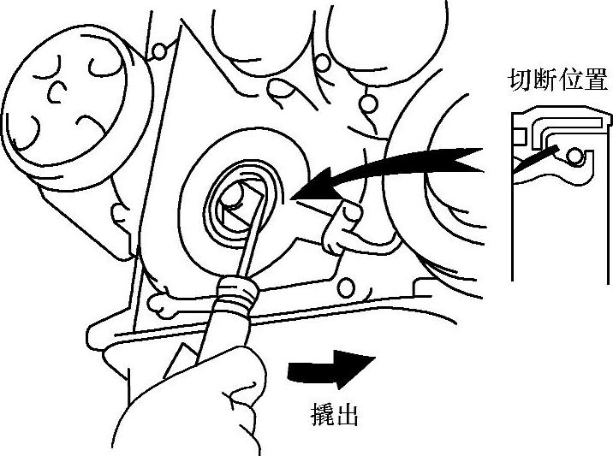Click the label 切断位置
pyautogui.click(x=556, y=81)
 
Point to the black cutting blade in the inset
pyautogui.click(x=535, y=161)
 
